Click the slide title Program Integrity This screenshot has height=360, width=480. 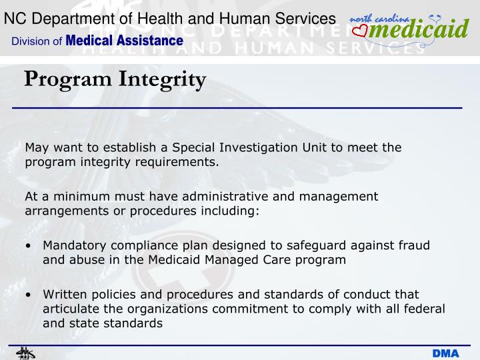115,80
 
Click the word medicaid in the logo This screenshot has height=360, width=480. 419,30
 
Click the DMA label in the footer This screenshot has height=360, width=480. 446,353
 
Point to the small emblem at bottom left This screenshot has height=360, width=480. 25,353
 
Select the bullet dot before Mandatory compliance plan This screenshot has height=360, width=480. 29,246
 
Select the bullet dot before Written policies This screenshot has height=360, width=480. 29,295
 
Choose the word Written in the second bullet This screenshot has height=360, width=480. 65,294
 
